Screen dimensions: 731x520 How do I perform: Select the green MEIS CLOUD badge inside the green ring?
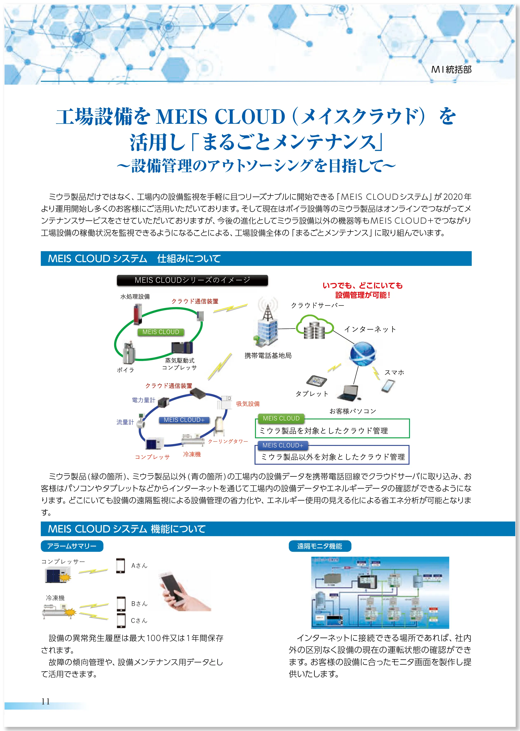(161, 332)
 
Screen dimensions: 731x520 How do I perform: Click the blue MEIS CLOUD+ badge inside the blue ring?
(184, 420)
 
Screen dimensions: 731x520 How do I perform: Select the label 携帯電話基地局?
(268, 355)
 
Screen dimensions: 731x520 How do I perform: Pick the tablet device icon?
(316, 380)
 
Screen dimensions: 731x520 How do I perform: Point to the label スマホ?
(394, 372)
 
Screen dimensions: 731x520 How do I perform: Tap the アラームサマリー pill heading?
(72, 546)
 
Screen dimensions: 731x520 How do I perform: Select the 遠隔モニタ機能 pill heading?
(319, 546)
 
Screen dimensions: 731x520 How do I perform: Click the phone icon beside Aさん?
(120, 566)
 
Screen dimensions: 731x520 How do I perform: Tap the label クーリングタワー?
(228, 441)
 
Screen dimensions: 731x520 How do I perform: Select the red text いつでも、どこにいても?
(363, 286)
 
